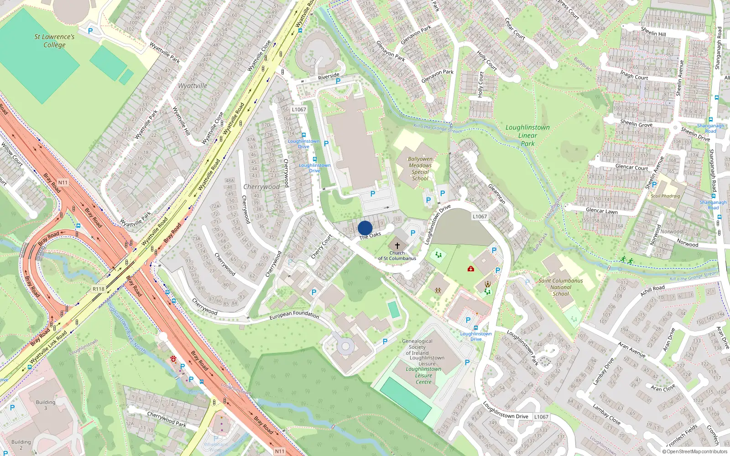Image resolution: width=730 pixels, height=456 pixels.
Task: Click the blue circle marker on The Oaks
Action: coord(365,228)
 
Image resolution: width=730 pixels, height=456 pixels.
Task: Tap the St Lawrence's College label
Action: coord(54,41)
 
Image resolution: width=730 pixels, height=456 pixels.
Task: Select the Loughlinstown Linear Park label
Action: coord(527,135)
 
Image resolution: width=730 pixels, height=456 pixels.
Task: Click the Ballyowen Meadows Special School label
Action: coord(420,169)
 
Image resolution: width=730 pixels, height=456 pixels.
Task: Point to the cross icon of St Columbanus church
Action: coord(397,245)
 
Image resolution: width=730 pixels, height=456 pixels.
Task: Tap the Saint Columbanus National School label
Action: coord(561,287)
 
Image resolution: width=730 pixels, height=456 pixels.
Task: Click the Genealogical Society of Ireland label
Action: coord(417,347)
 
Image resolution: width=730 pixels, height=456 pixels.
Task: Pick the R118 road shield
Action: coord(99,289)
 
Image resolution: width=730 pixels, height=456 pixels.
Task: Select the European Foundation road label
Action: coord(294,314)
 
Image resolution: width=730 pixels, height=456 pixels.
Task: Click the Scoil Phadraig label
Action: coord(665,196)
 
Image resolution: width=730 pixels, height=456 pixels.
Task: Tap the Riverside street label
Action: coord(328,76)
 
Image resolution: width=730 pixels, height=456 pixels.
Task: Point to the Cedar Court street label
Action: coord(515,29)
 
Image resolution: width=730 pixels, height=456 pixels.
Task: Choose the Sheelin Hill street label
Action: coord(653,31)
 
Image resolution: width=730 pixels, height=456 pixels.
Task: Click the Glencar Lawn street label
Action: coord(601,211)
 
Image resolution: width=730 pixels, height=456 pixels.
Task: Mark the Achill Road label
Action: coord(652,290)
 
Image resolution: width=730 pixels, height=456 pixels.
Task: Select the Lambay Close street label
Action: coord(606,414)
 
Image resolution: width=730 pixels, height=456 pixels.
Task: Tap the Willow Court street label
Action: coord(12,154)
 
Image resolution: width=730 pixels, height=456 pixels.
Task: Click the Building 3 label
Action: coord(46,405)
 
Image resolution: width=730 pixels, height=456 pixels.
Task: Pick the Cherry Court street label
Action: coord(322,247)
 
